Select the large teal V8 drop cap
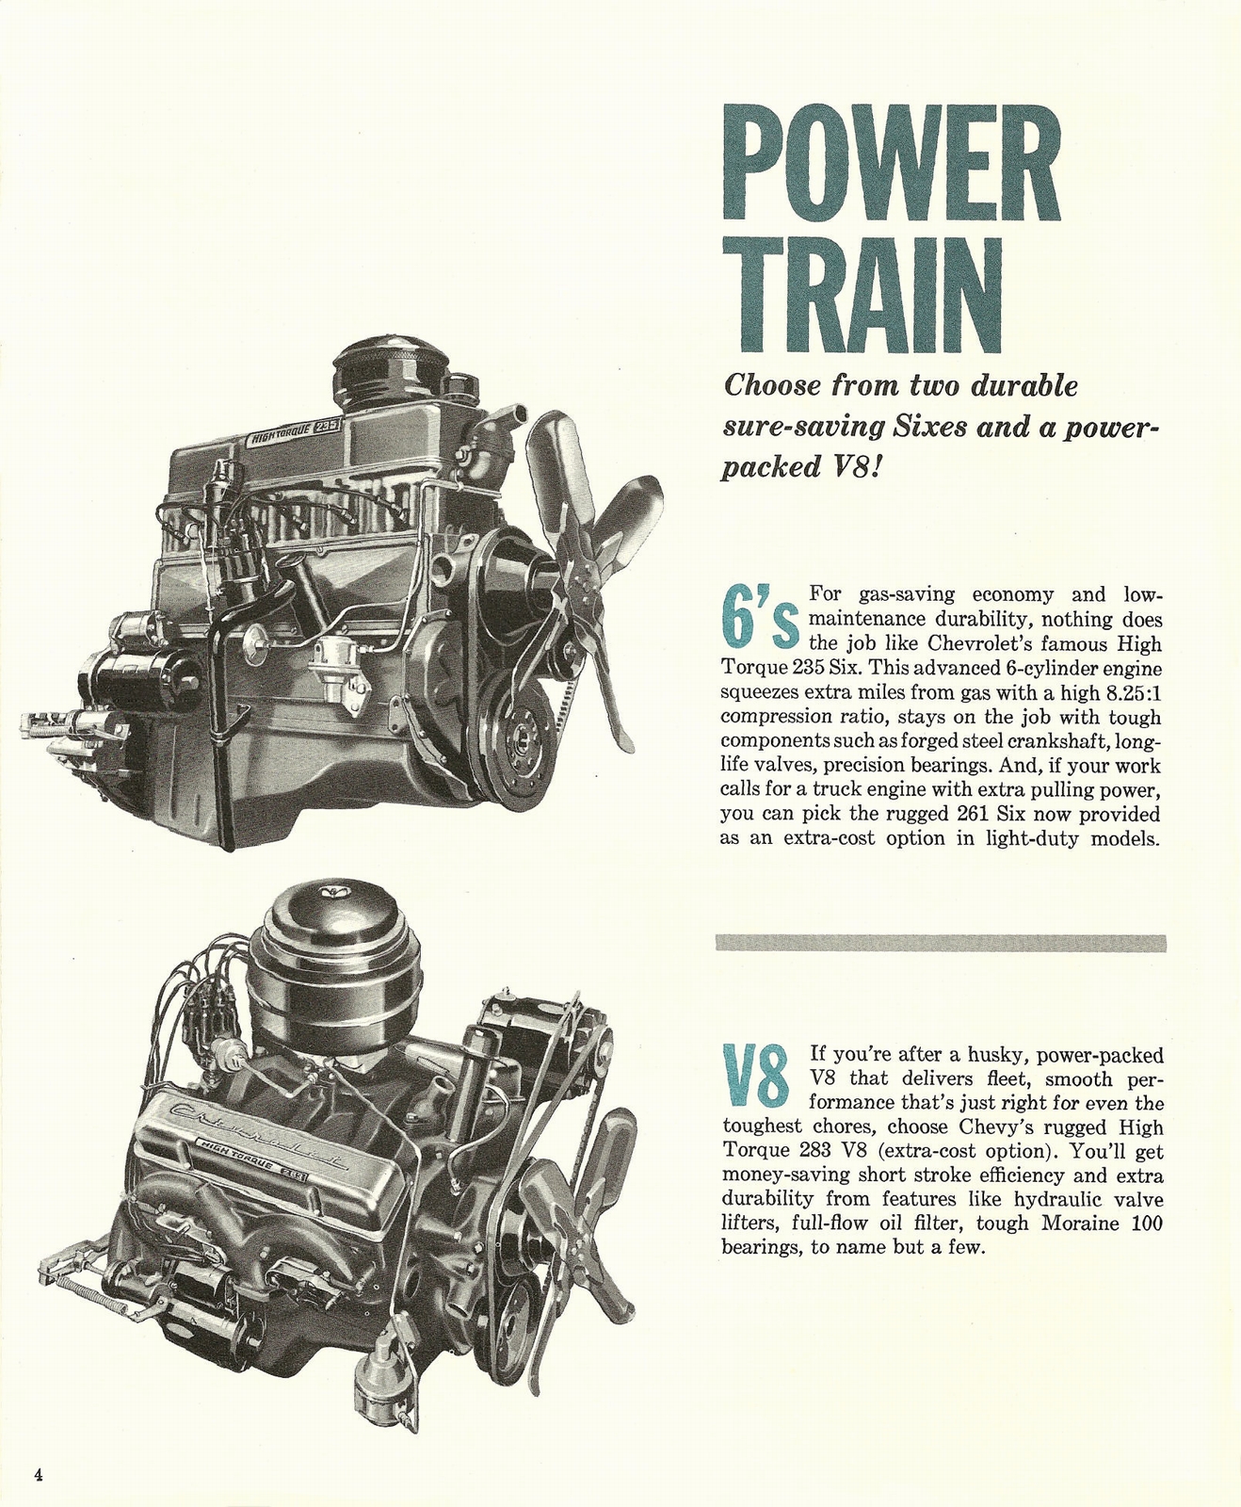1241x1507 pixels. point(755,1076)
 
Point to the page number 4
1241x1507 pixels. point(39,1474)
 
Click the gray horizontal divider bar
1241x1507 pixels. point(940,943)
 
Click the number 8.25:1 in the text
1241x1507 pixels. point(1130,693)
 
